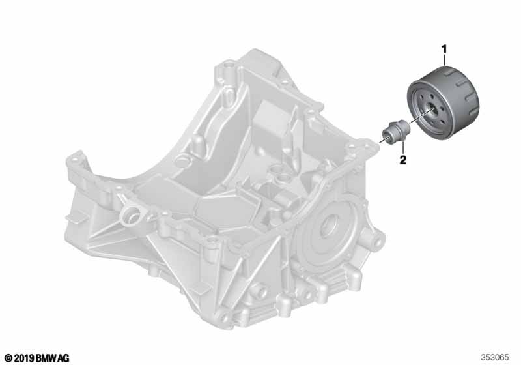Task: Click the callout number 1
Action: coord(444,50)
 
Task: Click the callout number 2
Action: coord(402,160)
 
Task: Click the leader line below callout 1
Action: coord(444,60)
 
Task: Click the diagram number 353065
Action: coord(495,358)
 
